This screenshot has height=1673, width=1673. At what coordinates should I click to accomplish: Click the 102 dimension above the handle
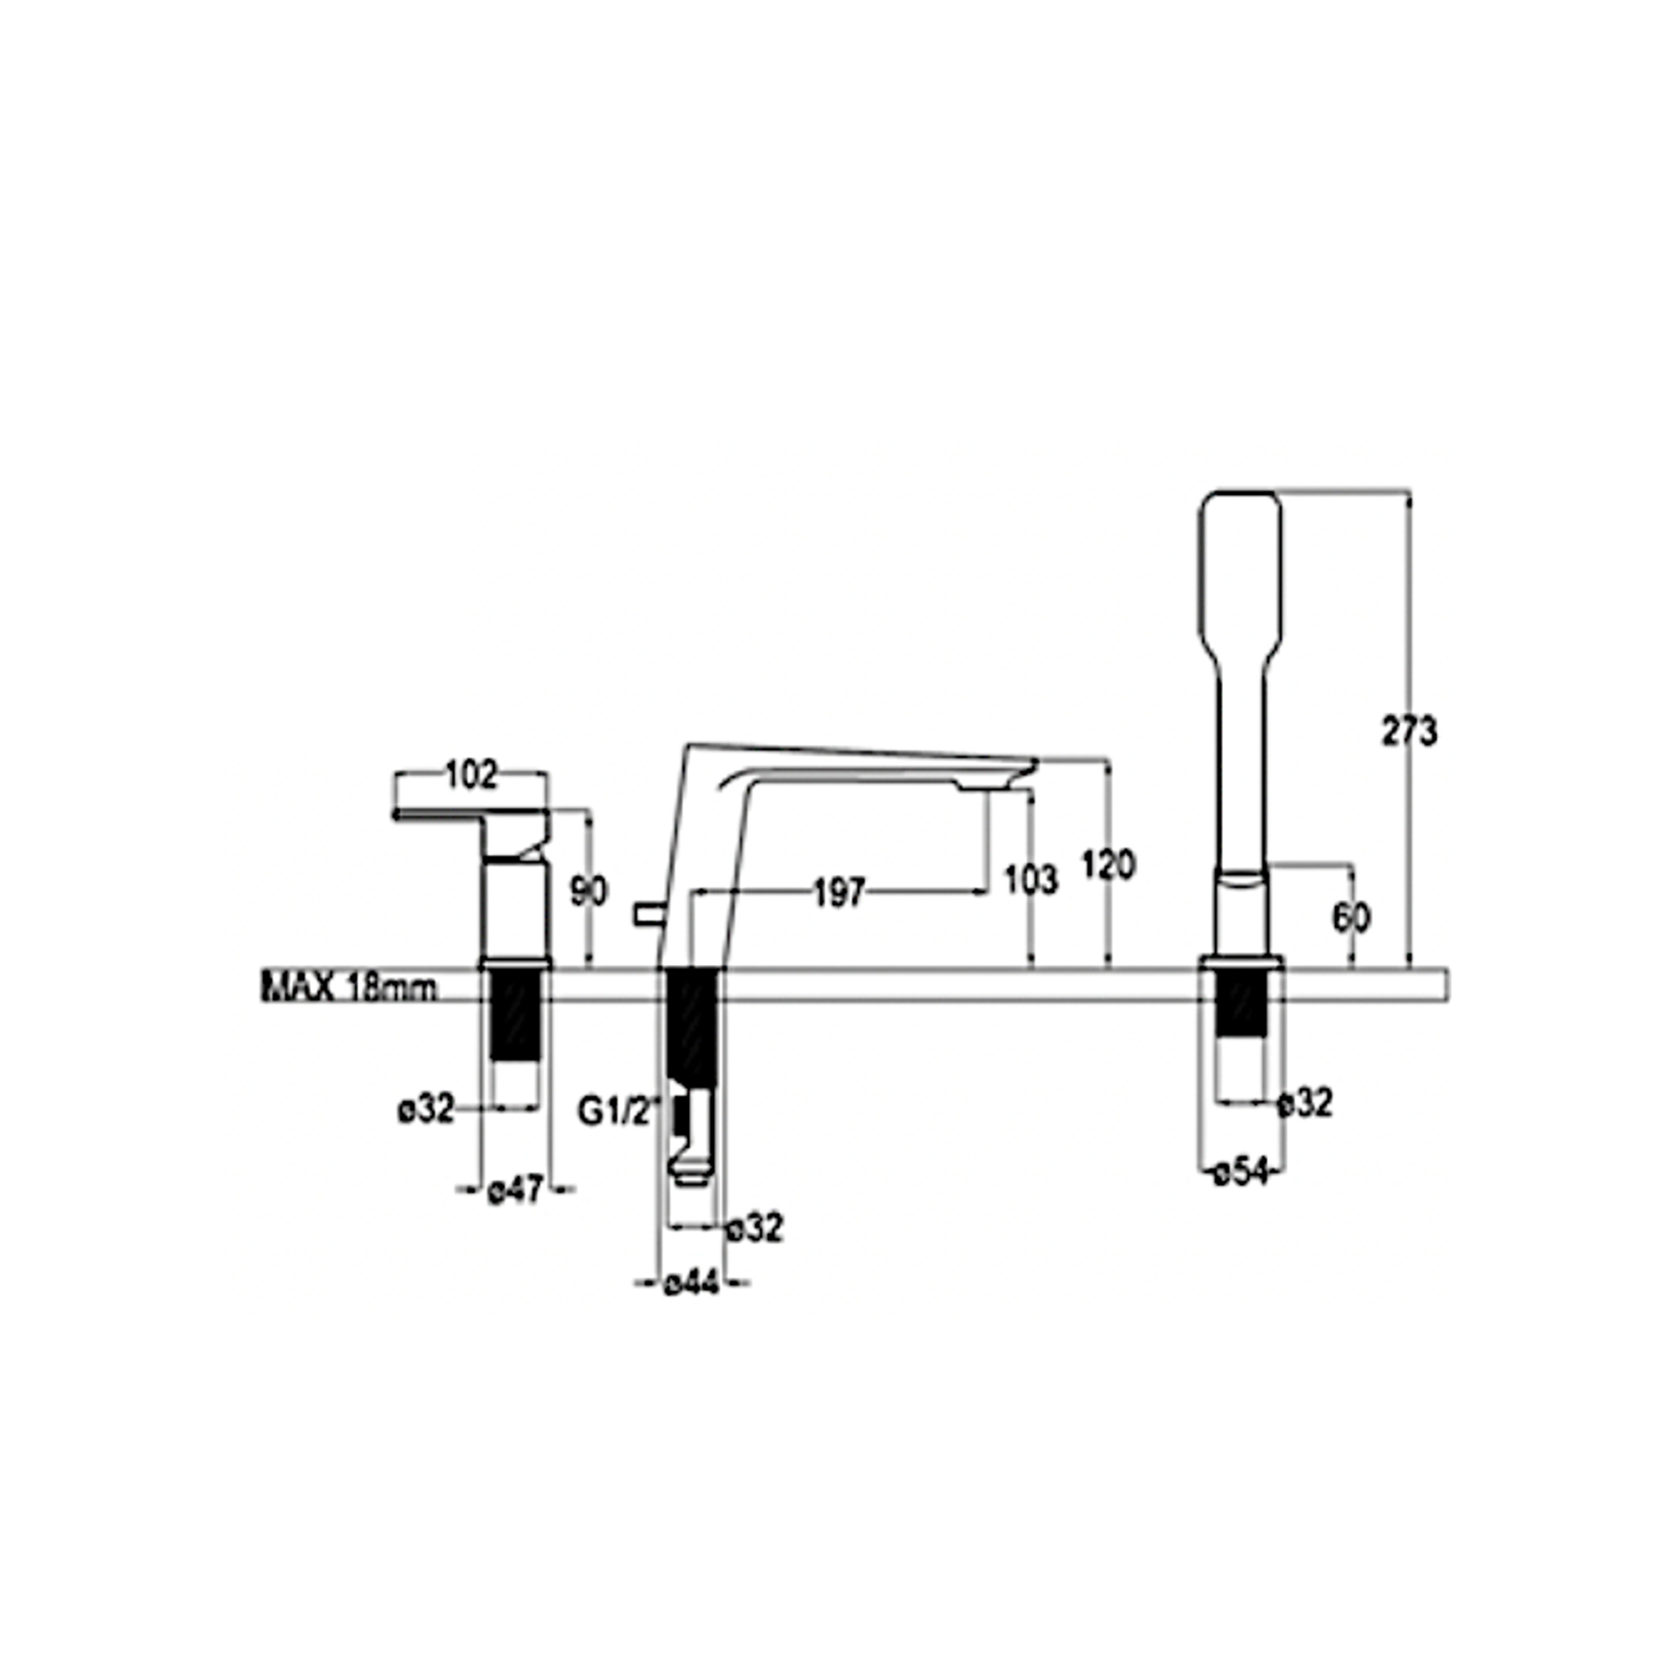[x=472, y=775]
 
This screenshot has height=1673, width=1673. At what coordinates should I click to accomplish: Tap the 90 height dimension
[x=589, y=892]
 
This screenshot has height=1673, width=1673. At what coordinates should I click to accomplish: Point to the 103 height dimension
[x=1030, y=880]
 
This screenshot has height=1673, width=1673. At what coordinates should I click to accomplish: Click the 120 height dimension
[x=1108, y=865]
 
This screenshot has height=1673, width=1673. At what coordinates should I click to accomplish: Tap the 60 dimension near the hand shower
[x=1351, y=918]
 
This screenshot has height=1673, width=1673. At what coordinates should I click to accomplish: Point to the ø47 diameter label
[x=515, y=1191]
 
